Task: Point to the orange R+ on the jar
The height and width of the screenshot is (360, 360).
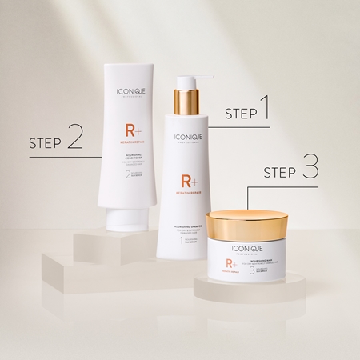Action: point(229,265)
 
